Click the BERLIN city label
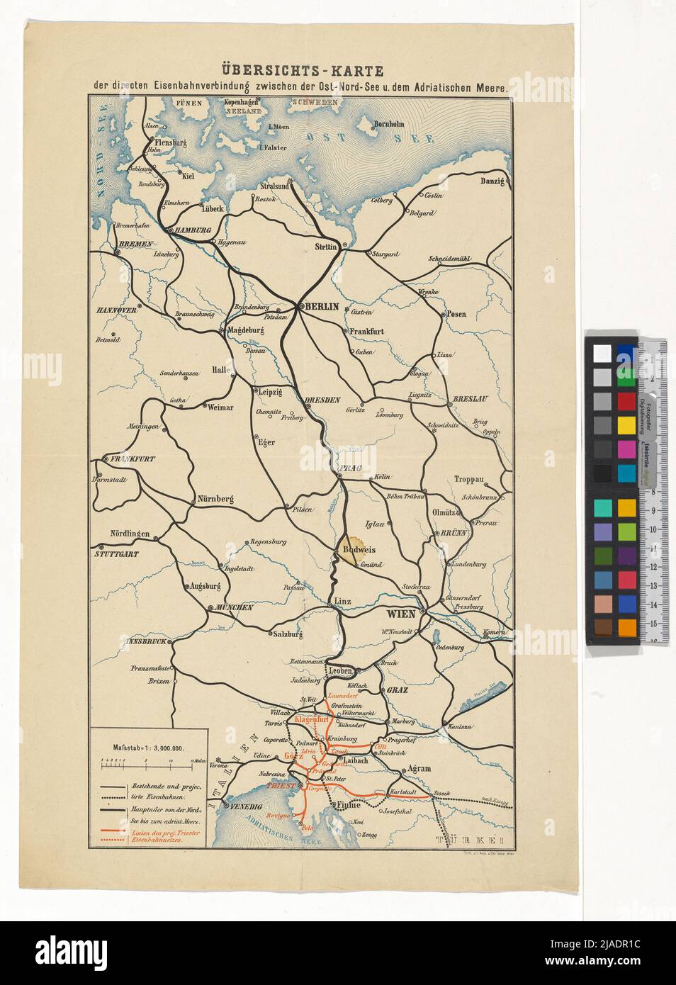323,308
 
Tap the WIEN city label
400,613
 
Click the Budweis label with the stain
358,549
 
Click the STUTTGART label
119,553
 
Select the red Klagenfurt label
308,719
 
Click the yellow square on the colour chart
626,424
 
